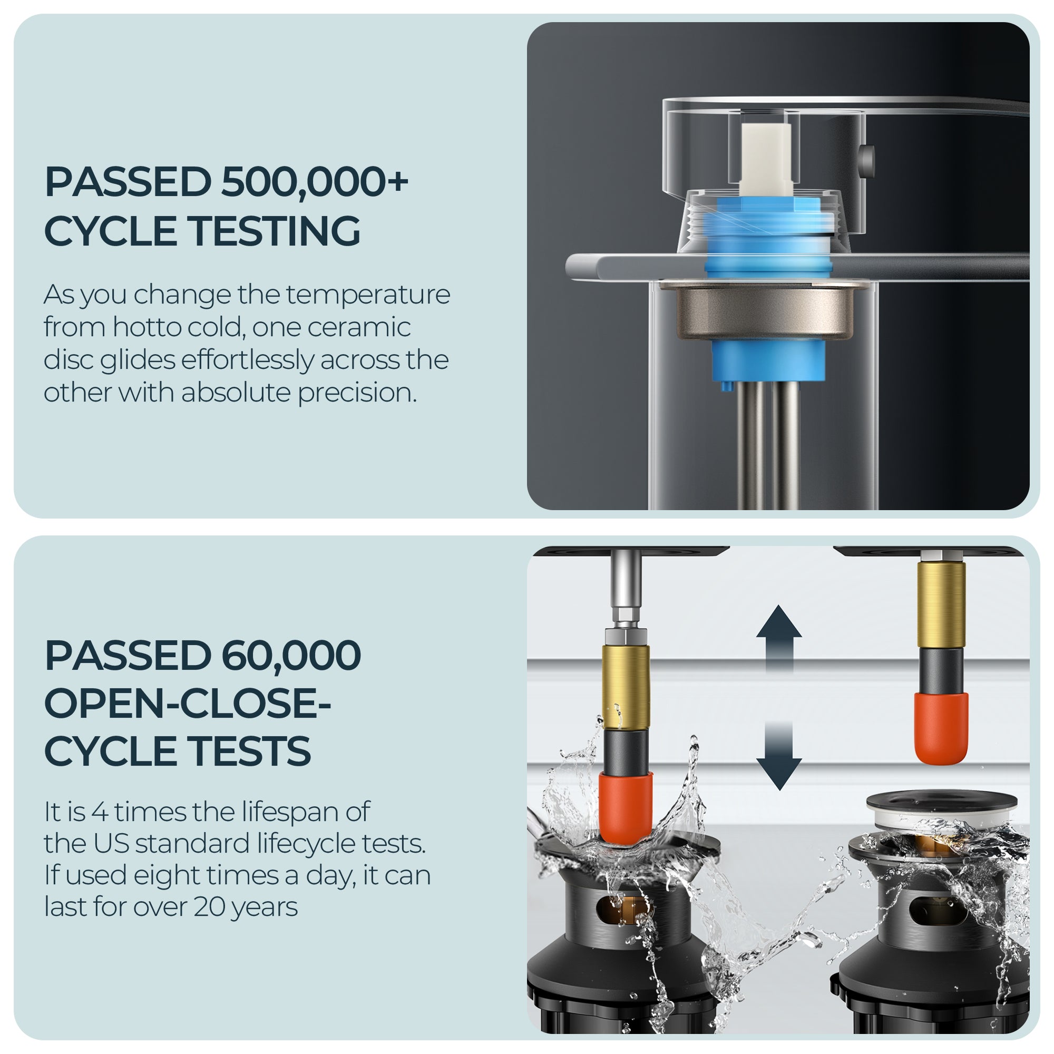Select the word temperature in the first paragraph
[368, 295]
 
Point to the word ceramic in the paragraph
[359, 327]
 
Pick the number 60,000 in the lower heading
[285, 655]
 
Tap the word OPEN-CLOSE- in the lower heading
[187, 703]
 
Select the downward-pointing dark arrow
[779, 756]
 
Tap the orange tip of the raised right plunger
[942, 728]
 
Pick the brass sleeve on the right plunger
[941, 604]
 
